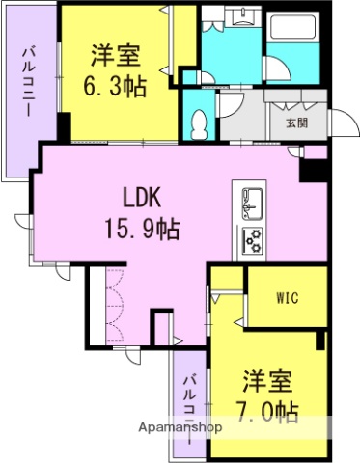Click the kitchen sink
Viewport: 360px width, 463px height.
coord(250,203)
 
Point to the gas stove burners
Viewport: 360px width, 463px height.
coord(253,239)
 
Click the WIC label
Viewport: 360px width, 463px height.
coord(283,298)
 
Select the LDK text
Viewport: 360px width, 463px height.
coord(141,198)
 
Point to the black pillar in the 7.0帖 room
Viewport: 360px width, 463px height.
coord(321,340)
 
